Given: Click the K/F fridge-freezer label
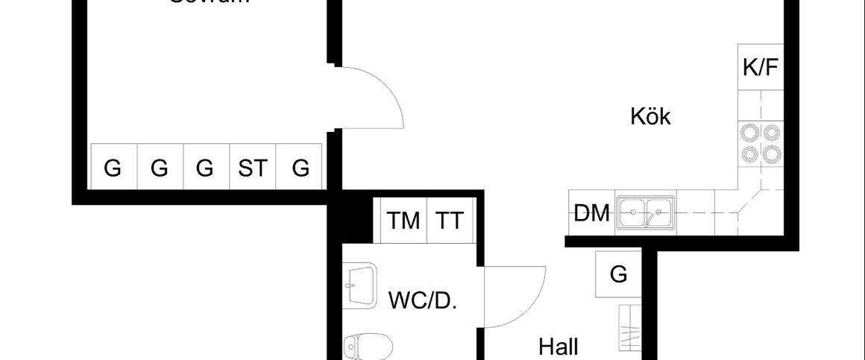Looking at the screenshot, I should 760,69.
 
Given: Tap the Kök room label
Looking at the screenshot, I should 650,117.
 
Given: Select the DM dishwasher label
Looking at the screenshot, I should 592,214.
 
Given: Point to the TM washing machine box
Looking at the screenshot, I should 403,221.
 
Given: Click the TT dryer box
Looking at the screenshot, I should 450,221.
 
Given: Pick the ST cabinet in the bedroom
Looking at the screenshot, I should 252,168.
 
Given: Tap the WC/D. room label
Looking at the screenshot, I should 423,301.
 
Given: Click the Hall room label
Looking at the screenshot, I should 559,347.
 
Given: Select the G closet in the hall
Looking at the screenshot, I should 619,275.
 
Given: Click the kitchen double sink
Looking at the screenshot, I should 646,212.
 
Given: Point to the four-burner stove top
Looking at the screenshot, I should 760,143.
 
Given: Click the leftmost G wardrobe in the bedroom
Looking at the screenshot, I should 113,168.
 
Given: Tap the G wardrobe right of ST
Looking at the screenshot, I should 300,168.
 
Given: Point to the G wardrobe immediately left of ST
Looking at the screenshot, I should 205,168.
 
